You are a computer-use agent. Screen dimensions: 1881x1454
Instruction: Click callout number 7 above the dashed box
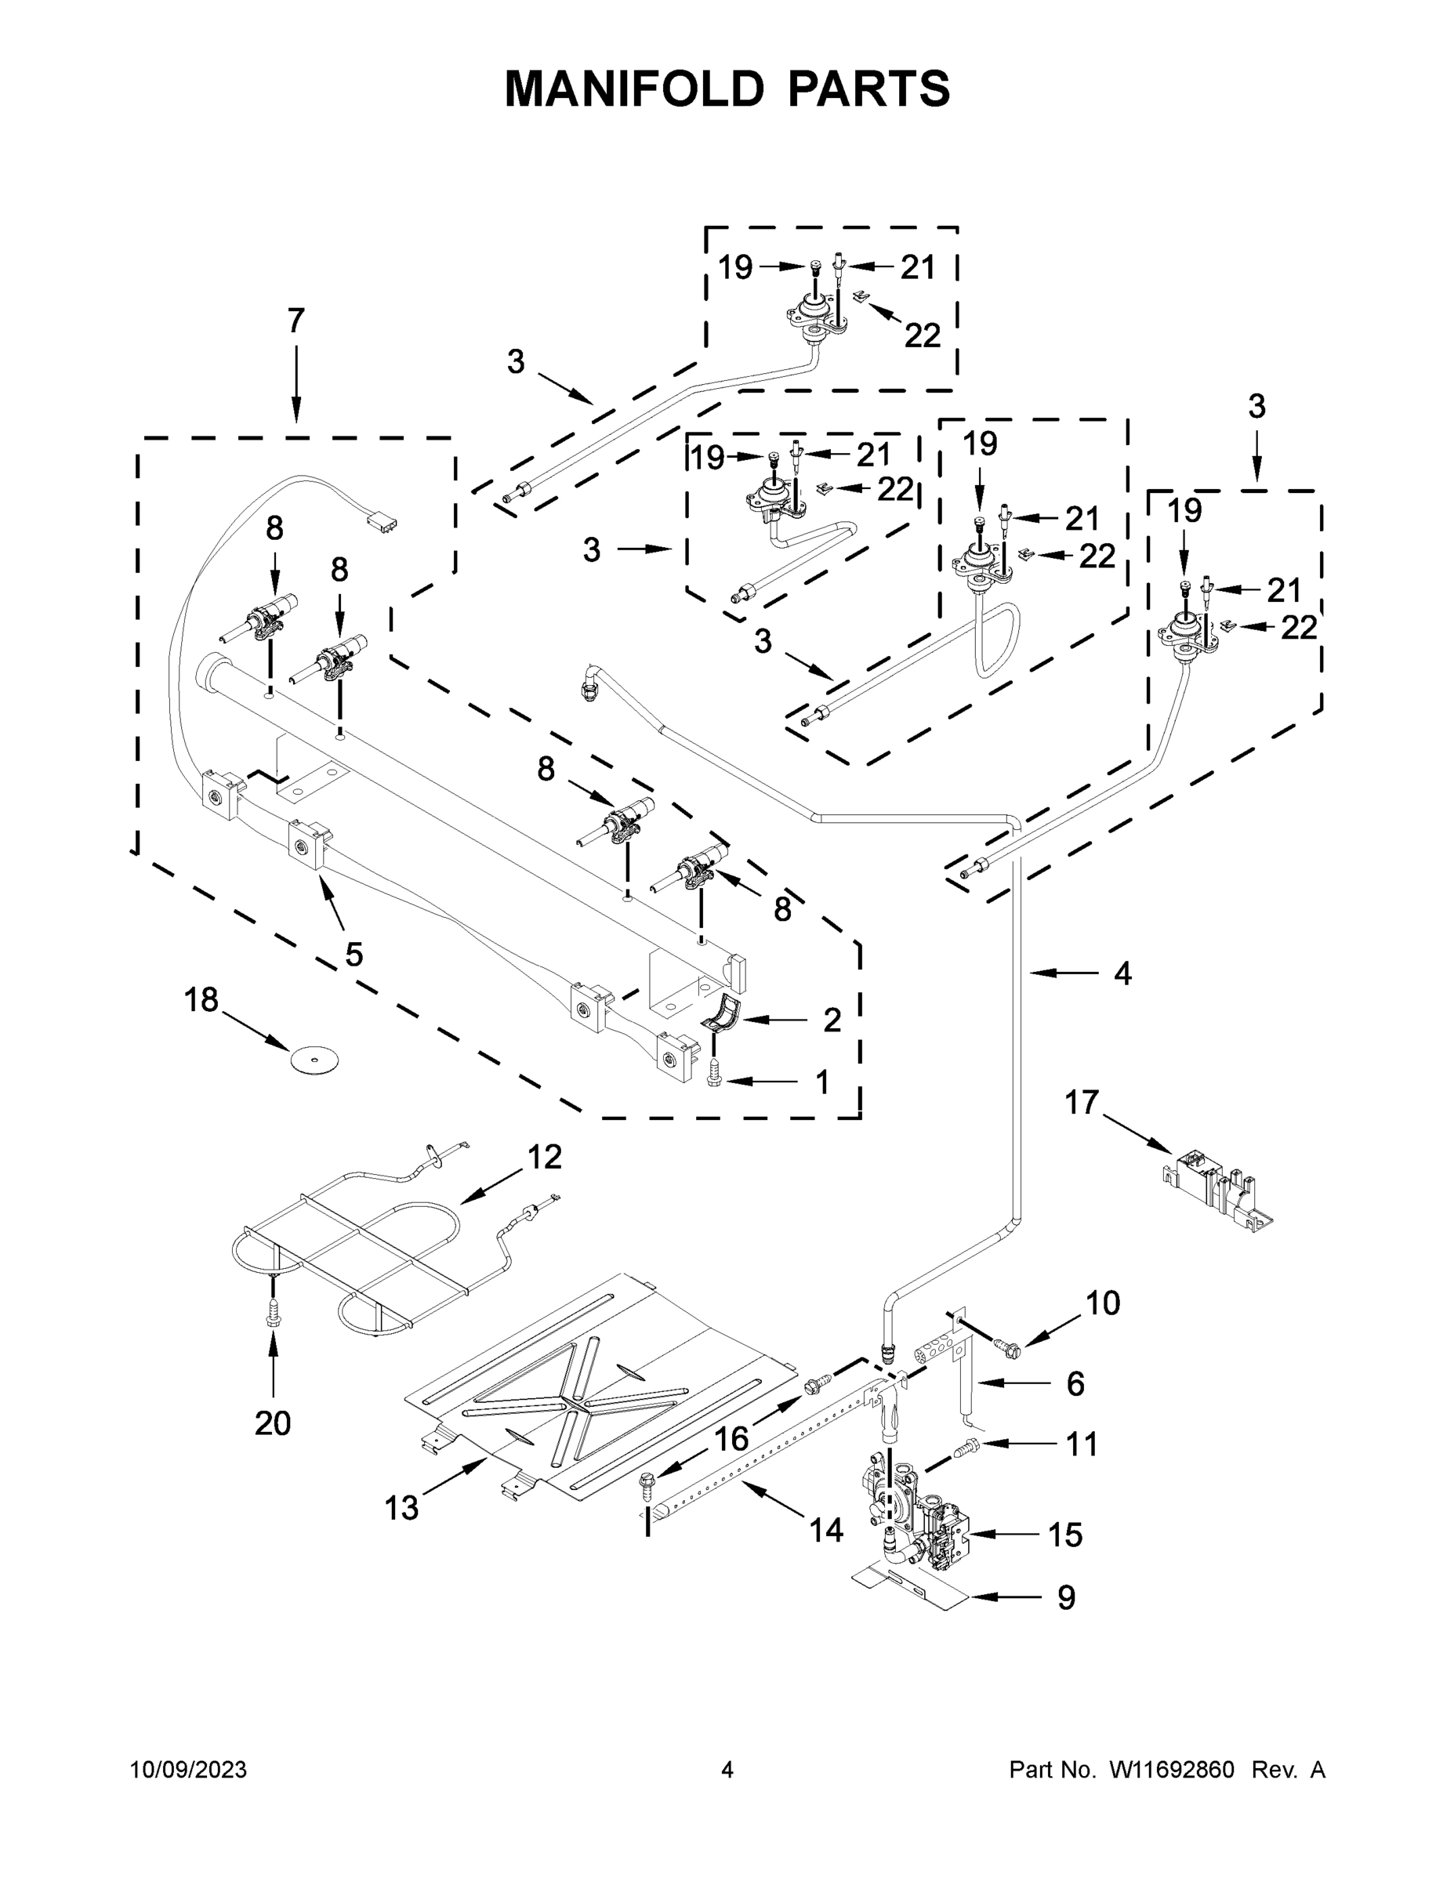point(296,321)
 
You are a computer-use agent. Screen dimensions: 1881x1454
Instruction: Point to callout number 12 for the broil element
point(545,1157)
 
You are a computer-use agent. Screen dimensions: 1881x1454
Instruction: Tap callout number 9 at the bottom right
point(1065,1597)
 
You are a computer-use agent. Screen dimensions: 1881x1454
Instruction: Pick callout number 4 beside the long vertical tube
point(1122,973)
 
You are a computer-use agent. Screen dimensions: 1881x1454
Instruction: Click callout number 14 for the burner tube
point(825,1529)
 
